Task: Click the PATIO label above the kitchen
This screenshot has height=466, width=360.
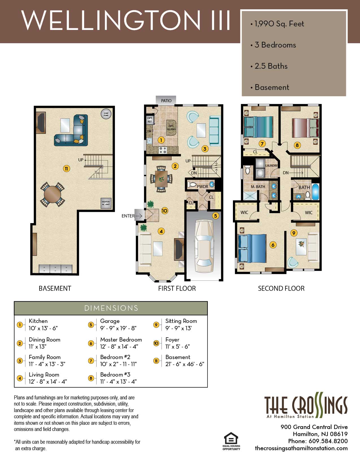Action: pyautogui.click(x=166, y=101)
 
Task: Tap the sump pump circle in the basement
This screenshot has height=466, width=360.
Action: pyautogui.click(x=106, y=114)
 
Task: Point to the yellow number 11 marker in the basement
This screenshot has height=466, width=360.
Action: pyautogui.click(x=66, y=169)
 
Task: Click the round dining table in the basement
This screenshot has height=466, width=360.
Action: pyautogui.click(x=53, y=194)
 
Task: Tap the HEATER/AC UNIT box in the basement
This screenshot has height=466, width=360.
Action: pyautogui.click(x=106, y=203)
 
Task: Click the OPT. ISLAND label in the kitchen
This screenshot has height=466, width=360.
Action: pyautogui.click(x=171, y=128)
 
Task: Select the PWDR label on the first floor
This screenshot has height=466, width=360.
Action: pyautogui.click(x=202, y=186)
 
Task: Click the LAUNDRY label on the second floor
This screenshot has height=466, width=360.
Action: pyautogui.click(x=271, y=166)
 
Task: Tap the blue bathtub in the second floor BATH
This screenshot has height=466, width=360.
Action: pyautogui.click(x=315, y=192)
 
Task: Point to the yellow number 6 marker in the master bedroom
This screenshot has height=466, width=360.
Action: pyautogui.click(x=273, y=245)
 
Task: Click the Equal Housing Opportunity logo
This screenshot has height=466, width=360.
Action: pyautogui.click(x=231, y=441)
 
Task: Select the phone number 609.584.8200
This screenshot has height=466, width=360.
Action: pyautogui.click(x=328, y=441)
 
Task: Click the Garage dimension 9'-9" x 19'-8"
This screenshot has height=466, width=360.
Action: pyautogui.click(x=118, y=328)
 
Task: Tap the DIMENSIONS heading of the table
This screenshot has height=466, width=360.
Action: pyautogui.click(x=111, y=308)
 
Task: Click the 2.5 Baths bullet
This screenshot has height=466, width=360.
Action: pyautogui.click(x=271, y=66)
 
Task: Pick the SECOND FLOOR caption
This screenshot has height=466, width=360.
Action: pyautogui.click(x=281, y=288)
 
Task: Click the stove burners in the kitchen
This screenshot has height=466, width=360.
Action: pyautogui.click(x=163, y=150)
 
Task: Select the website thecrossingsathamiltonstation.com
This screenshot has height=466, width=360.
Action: pyautogui.click(x=301, y=448)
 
